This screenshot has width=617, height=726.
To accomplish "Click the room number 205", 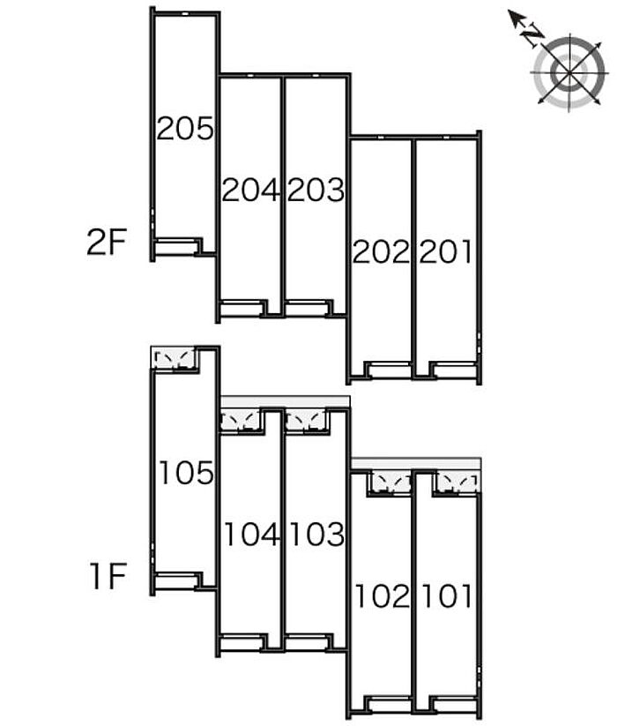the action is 185,128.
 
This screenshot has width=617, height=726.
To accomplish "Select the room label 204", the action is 250,190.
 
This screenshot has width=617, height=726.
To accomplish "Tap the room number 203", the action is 316,190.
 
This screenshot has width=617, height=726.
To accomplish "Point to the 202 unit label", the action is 382,251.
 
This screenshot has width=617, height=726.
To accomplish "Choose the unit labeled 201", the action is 446,251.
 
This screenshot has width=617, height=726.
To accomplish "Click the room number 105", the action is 186,473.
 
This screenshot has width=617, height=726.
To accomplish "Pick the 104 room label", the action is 251,534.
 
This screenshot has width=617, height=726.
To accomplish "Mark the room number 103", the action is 316,534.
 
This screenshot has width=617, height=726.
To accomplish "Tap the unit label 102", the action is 383,595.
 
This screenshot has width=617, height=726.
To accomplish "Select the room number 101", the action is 447,595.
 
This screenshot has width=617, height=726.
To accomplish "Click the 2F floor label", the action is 107,243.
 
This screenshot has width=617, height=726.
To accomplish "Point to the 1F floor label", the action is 108,575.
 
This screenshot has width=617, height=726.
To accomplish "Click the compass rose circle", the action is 569,72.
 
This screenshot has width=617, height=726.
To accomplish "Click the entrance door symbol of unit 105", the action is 174,359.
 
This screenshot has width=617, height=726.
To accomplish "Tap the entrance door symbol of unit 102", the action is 391,483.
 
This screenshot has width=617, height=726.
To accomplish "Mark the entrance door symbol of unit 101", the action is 457,483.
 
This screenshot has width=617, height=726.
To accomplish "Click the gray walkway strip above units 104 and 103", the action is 285,401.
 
